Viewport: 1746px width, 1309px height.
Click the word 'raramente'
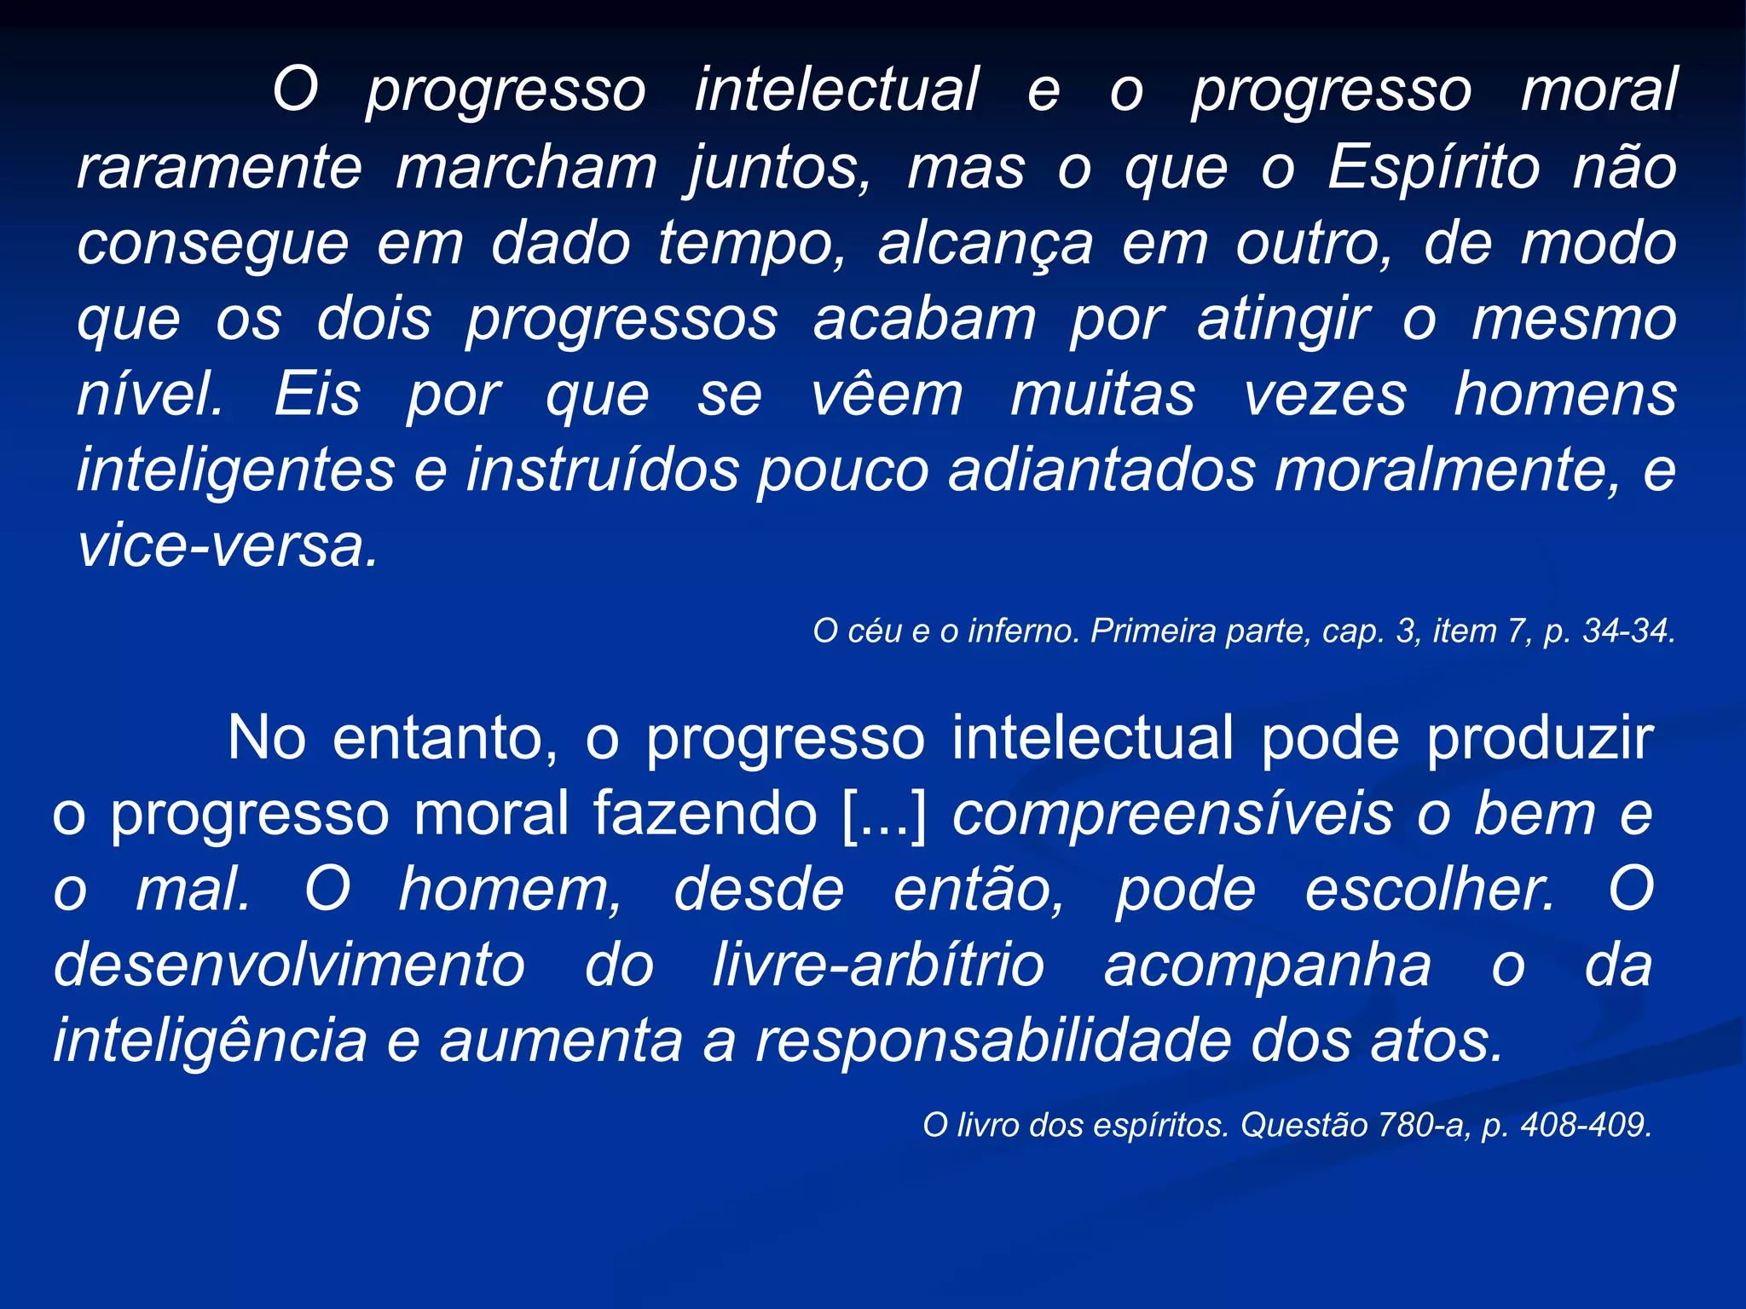pyautogui.click(x=219, y=168)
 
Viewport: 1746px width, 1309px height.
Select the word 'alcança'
pyautogui.click(x=985, y=245)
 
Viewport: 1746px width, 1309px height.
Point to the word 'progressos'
pyautogui.click(x=622, y=320)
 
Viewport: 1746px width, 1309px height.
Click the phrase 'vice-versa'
pyautogui.click(x=226, y=545)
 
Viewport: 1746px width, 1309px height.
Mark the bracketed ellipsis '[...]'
pyautogui.click(x=883, y=814)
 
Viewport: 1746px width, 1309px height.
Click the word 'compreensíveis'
pyautogui.click(x=1173, y=814)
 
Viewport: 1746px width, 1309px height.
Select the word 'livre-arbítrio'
pyautogui.click(x=878, y=966)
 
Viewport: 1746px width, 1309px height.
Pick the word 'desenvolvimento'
pyautogui.click(x=289, y=966)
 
